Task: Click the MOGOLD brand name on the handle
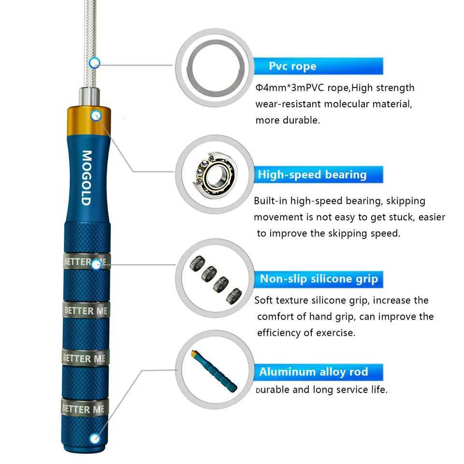86,178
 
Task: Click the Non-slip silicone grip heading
319,279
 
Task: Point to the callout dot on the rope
95,62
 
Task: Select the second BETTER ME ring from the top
86,310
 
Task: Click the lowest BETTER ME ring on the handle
85,409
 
